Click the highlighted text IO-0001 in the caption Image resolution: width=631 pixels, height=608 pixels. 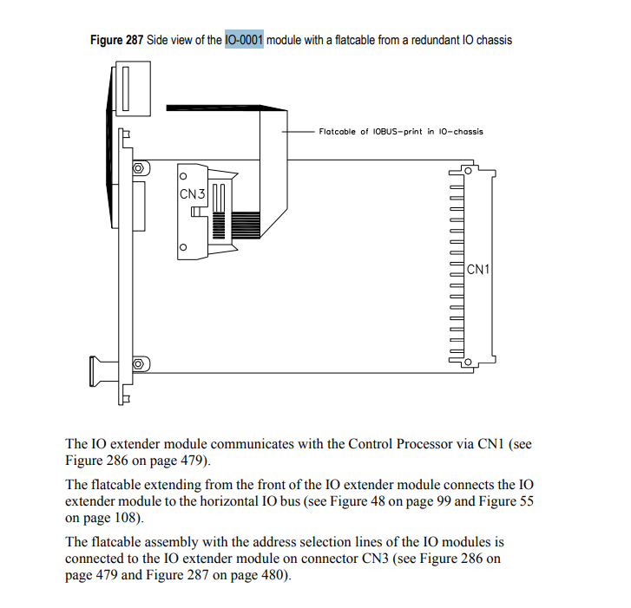pos(244,40)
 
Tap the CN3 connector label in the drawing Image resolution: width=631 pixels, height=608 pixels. pos(192,194)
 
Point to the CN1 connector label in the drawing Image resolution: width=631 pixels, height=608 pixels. pos(478,269)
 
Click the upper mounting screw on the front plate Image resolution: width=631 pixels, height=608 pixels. pos(137,167)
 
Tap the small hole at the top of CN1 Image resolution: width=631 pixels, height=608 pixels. pos(466,171)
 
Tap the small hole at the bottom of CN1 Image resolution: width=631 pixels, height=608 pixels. pos(466,363)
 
